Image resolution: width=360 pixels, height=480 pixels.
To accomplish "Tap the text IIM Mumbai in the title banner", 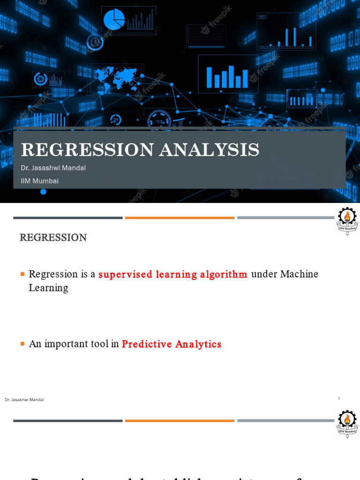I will click(x=40, y=180).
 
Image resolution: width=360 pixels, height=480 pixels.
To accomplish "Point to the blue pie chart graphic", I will click(x=114, y=19).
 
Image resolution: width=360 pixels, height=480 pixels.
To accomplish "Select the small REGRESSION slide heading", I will click(x=53, y=238).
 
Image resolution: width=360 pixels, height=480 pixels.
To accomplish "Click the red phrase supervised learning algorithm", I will click(x=172, y=274).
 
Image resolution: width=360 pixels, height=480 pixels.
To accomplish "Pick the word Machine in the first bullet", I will click(x=299, y=274).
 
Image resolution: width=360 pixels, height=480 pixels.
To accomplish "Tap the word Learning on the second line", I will click(x=48, y=288).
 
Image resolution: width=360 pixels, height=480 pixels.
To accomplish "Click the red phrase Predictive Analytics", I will click(x=171, y=344).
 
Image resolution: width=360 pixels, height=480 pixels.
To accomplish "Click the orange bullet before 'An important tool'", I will click(x=22, y=344).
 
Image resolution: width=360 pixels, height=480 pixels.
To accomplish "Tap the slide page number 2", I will click(x=339, y=398).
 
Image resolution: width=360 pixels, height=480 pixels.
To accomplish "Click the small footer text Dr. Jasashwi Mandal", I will click(x=24, y=400).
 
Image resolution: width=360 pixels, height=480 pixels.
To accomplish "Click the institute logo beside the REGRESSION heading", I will click(x=347, y=221).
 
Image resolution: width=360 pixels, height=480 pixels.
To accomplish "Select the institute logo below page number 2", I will click(x=347, y=422).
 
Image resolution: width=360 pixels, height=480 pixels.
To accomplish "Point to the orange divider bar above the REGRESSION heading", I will click(x=180, y=218).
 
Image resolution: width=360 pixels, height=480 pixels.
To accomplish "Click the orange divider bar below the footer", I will click(x=180, y=420).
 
